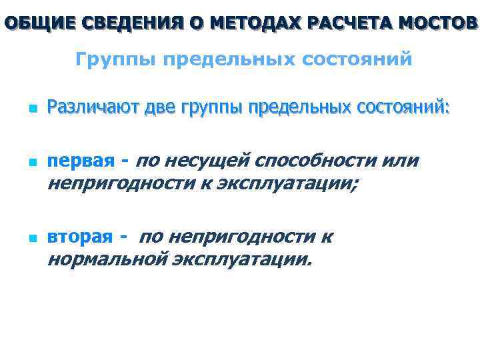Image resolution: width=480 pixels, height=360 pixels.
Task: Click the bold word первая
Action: point(81,161)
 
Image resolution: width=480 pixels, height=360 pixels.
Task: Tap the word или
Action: point(402,161)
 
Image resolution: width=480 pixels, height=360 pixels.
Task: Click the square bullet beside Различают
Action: point(23,107)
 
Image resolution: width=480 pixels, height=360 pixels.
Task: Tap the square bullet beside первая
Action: point(23,162)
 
